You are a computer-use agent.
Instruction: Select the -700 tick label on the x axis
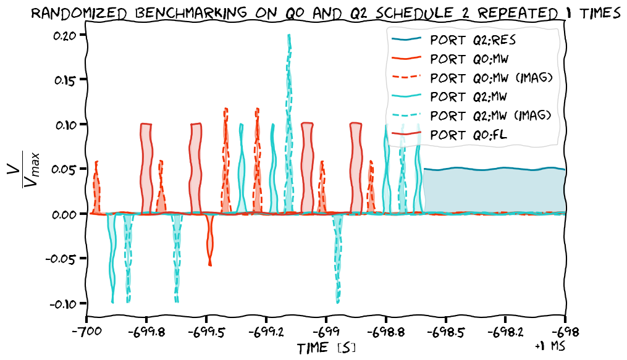point(86,332)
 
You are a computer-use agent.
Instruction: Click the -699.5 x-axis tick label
point(206,332)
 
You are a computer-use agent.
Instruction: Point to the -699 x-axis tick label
point(326,332)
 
